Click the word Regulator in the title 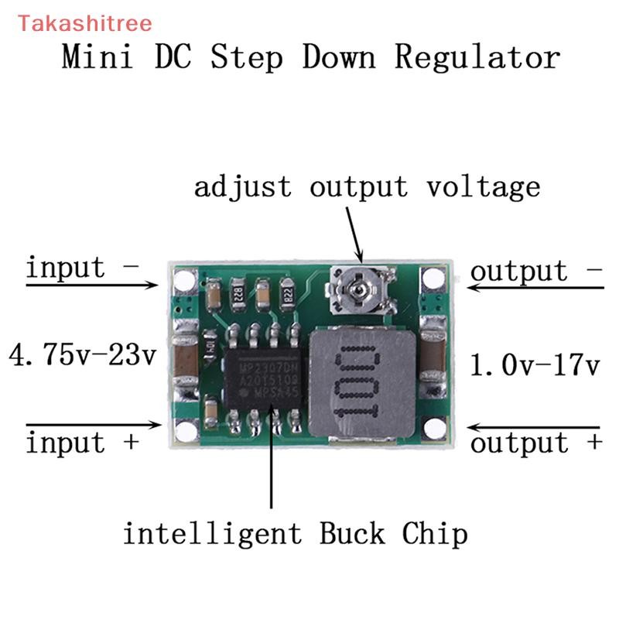(x=477, y=57)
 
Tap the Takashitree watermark (x=74, y=23)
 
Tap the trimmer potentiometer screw (x=357, y=289)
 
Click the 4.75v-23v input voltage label (x=82, y=357)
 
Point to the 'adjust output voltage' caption (x=367, y=186)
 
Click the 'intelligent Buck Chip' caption (x=296, y=533)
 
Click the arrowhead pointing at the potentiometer (x=357, y=255)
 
